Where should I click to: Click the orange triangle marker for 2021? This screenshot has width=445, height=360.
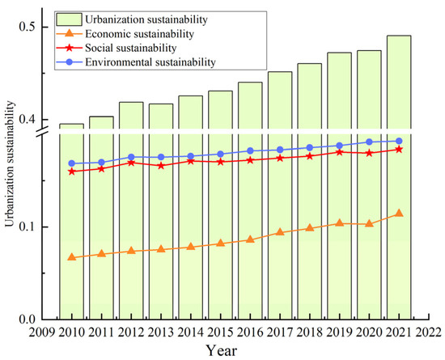tap(398, 214)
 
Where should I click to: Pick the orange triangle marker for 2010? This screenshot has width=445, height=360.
tap(71, 257)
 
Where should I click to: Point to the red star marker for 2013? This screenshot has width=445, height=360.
tap(161, 166)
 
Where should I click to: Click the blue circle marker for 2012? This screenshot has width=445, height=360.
tap(131, 157)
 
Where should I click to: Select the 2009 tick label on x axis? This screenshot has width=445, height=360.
tap(42, 332)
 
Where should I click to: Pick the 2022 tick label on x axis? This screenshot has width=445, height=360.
tap(428, 332)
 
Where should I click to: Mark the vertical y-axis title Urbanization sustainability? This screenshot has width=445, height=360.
tap(10, 174)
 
